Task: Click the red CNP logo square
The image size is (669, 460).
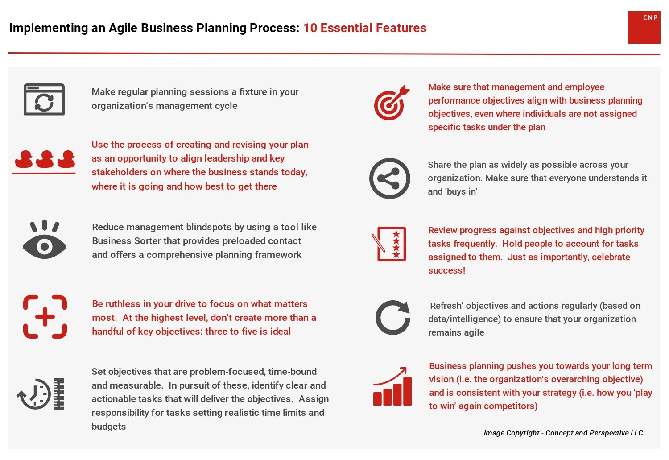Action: click(x=644, y=28)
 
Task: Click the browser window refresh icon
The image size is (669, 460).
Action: click(x=44, y=99)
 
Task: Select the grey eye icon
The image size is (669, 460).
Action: click(x=45, y=239)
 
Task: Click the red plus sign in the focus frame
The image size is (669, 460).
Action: click(x=45, y=317)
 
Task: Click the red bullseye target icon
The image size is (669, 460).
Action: click(x=392, y=103)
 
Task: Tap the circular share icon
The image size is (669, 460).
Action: click(x=389, y=178)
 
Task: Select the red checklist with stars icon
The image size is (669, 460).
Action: click(x=389, y=244)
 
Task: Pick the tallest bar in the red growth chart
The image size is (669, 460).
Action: click(x=407, y=391)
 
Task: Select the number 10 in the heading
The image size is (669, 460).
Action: click(x=310, y=28)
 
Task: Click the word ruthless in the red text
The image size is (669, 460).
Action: click(x=123, y=304)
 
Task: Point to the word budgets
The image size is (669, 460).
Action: click(x=108, y=427)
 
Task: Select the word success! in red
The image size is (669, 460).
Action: click(x=446, y=271)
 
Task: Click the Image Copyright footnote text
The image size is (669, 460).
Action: click(x=563, y=433)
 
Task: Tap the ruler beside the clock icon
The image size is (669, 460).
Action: click(x=59, y=394)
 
